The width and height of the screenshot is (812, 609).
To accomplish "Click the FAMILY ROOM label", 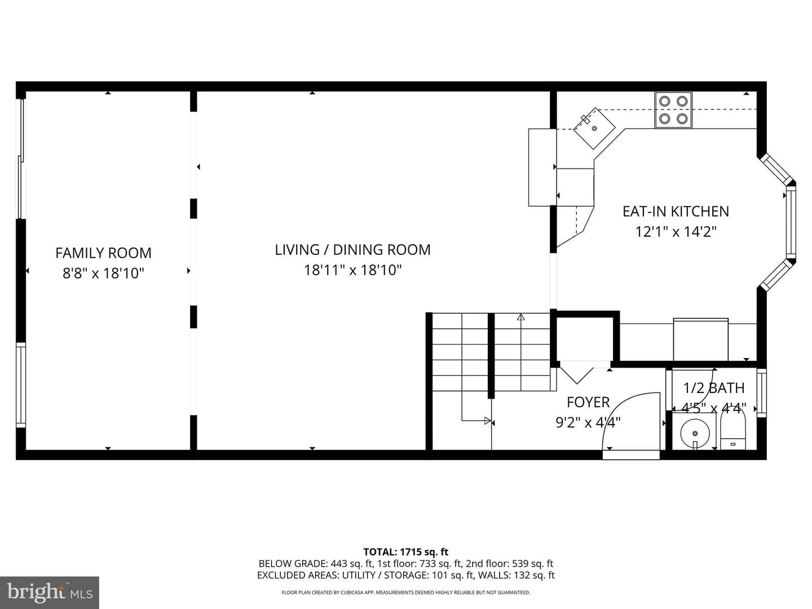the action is (x=104, y=253).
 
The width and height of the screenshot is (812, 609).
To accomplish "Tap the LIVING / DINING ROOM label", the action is (x=352, y=250).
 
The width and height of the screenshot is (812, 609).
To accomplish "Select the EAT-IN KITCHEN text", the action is (x=676, y=211).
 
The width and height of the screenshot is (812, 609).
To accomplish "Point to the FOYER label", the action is (x=588, y=402).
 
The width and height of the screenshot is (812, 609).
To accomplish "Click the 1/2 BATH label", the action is (x=713, y=388).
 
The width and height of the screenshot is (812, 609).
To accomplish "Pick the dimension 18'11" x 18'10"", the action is (x=352, y=270).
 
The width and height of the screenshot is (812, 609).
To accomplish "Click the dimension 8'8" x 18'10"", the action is (x=103, y=273).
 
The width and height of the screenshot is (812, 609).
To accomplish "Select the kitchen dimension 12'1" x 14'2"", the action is (x=676, y=232).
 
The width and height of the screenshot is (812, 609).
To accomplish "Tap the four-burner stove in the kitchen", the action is (x=673, y=110).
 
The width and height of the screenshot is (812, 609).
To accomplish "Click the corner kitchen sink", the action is (x=594, y=128).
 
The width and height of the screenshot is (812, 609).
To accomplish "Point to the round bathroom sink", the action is (x=695, y=433).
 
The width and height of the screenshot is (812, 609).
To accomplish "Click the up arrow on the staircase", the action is (x=521, y=317).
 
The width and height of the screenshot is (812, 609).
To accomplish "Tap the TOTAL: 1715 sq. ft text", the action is (x=406, y=552).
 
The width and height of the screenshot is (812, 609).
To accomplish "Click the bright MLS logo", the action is (x=50, y=593).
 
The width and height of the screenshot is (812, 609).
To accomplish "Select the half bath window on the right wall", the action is (x=762, y=392).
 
